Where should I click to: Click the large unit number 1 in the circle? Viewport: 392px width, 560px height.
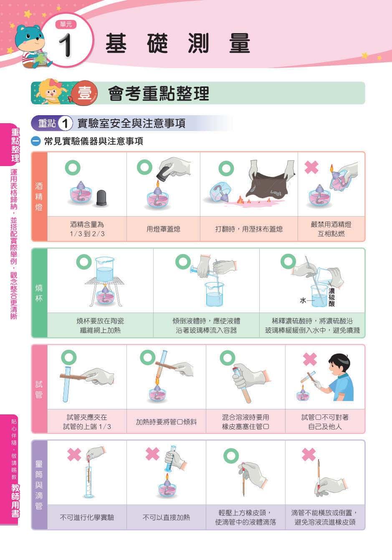66,45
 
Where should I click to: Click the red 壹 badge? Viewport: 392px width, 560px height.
84,93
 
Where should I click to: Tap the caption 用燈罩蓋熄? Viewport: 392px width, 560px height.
163,229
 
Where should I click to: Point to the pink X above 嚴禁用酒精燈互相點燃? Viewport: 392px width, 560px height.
311,167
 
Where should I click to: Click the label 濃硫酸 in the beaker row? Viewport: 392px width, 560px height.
332,297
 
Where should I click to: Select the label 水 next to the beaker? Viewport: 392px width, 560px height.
303,300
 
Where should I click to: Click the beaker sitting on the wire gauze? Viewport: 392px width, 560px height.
104,269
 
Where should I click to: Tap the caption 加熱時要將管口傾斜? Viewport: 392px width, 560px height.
166,422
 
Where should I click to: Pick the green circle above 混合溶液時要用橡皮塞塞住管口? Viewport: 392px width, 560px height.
228,358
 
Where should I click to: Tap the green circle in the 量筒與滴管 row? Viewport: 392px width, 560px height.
231,455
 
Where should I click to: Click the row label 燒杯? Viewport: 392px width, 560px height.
39,293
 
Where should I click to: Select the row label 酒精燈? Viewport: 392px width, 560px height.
39,197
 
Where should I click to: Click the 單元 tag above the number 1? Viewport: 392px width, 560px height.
66,25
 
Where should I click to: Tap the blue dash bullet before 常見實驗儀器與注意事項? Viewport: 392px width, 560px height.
35,141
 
